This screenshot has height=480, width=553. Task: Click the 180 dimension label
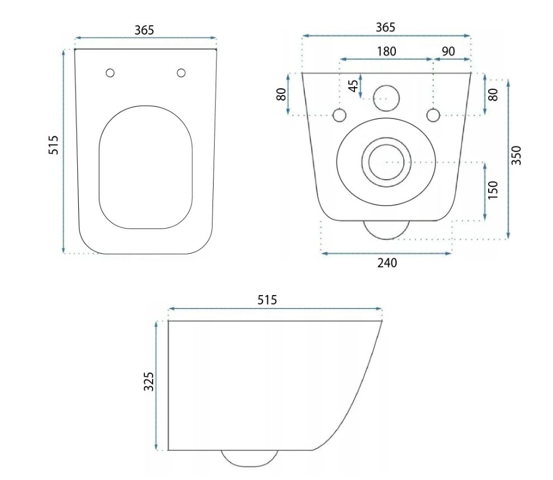coord(386,51)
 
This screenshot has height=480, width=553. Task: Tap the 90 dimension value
coord(448,51)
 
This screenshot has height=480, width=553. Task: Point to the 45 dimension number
coord(353,86)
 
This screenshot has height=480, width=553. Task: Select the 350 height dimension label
coord(516,155)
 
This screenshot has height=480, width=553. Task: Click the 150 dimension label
coord(493,190)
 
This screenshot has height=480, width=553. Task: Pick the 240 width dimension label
coord(387,263)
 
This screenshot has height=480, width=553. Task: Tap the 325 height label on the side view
coord(149,381)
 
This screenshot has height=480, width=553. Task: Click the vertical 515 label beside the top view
coord(53,145)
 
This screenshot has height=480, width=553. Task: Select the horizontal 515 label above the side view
coord(267,300)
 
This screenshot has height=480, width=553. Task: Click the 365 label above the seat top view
coord(144,30)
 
